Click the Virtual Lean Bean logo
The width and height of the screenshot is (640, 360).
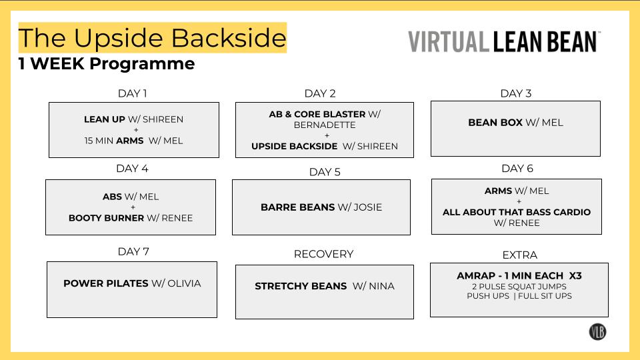tap(504, 41)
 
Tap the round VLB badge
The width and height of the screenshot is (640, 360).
tap(597, 331)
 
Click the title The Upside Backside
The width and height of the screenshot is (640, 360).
tap(152, 38)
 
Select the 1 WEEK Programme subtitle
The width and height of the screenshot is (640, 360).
tap(107, 64)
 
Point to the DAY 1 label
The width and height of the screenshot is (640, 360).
tap(132, 93)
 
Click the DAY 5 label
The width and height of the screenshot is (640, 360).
tap(325, 172)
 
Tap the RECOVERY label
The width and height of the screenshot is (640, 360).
tap(323, 254)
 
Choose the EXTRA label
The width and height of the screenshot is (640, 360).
tap(519, 255)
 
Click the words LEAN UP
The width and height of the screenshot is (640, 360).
tap(104, 119)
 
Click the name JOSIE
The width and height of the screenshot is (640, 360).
tap(369, 207)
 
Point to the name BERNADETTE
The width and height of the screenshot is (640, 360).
tap(325, 125)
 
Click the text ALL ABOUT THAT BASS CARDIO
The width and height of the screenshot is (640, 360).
tap(517, 212)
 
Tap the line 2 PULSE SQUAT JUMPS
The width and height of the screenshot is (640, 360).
tap(519, 287)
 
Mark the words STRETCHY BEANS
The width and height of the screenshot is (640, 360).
tap(301, 286)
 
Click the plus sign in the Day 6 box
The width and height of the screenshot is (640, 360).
tap(517, 201)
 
